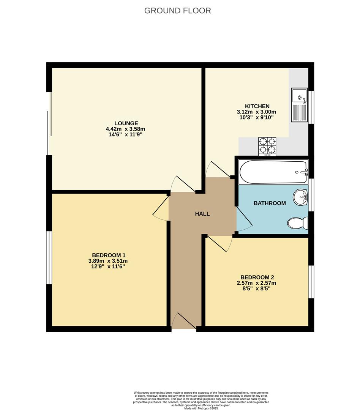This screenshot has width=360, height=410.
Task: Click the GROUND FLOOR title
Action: (177, 11)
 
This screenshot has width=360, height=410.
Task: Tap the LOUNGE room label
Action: (126, 123)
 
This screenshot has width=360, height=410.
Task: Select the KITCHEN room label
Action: (257, 106)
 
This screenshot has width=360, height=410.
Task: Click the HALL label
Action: (202, 214)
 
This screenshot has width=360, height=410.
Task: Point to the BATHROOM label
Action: (270, 203)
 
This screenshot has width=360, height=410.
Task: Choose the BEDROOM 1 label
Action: (109, 255)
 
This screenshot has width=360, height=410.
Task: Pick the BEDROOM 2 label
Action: (257, 277)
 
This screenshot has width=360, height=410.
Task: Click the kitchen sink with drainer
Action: (299, 105)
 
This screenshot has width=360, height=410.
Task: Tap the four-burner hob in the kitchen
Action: (267, 146)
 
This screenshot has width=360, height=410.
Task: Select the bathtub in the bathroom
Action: (273, 172)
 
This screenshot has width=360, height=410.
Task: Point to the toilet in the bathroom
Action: (298, 223)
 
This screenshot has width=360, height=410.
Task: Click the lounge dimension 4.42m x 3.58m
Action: (125, 129)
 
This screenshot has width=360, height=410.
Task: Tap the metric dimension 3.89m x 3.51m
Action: (108, 261)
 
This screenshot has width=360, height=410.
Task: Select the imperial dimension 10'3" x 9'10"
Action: (256, 118)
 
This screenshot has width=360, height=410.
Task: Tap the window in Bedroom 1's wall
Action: (49, 257)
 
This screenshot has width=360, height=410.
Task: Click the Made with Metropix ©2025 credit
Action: (201, 408)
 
